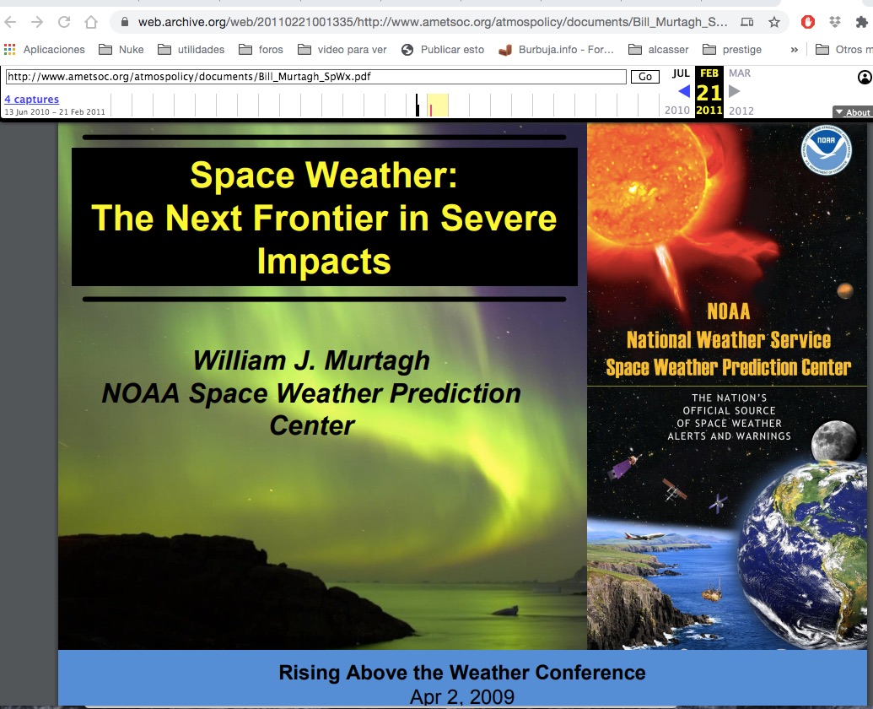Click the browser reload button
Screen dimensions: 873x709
pyautogui.click(x=64, y=22)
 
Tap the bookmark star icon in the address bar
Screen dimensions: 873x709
pyautogui.click(x=774, y=22)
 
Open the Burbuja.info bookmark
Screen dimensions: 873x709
pyautogui.click(x=556, y=50)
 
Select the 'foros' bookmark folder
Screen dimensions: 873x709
pyautogui.click(x=261, y=50)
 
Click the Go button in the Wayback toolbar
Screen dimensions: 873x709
pyautogui.click(x=644, y=77)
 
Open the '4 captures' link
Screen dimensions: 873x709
pyautogui.click(x=32, y=99)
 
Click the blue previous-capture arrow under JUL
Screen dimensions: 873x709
pyautogui.click(x=684, y=91)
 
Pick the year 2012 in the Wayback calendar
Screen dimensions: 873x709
pyautogui.click(x=741, y=111)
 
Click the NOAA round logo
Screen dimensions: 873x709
pyautogui.click(x=827, y=149)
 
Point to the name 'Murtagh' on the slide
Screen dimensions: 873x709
pyautogui.click(x=377, y=361)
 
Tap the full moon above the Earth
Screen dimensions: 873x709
pyautogui.click(x=833, y=440)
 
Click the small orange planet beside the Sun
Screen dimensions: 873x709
pyautogui.click(x=844, y=290)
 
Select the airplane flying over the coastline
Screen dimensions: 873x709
pyautogui.click(x=644, y=536)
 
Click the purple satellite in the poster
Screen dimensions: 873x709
pyautogui.click(x=623, y=467)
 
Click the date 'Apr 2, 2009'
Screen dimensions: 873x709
pyautogui.click(x=462, y=696)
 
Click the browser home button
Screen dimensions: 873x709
pyautogui.click(x=91, y=22)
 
